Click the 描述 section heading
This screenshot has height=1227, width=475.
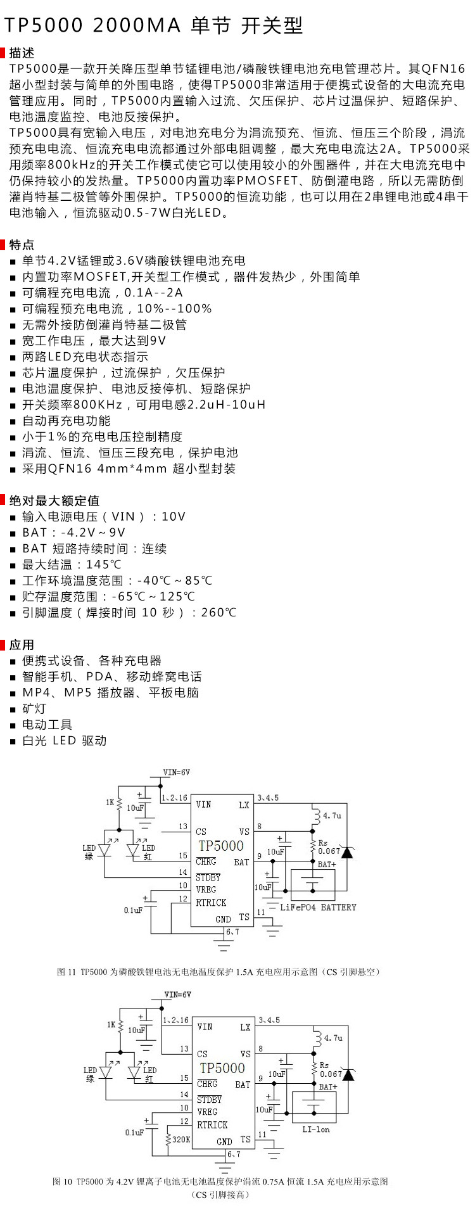pyautogui.click(x=22, y=53)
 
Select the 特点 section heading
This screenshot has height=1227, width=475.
pyautogui.click(x=22, y=245)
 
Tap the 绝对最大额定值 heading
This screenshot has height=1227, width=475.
pyautogui.click(x=54, y=500)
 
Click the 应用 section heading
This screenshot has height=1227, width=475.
pyautogui.click(x=22, y=645)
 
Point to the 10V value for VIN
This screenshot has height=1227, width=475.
pyautogui.click(x=174, y=517)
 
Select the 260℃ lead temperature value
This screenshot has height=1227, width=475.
pyautogui.click(x=218, y=613)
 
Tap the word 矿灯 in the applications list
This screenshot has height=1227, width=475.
pyautogui.click(x=34, y=709)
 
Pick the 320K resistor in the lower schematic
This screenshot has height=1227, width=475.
pyautogui.click(x=181, y=1139)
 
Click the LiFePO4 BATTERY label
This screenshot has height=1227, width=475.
pyautogui.click(x=319, y=907)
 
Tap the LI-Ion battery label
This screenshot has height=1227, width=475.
pyautogui.click(x=316, y=1129)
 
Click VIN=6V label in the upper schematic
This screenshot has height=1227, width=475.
pyautogui.click(x=177, y=772)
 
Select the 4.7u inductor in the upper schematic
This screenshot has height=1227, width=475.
pyautogui.click(x=332, y=815)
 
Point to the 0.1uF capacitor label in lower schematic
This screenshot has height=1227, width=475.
pyautogui.click(x=134, y=1132)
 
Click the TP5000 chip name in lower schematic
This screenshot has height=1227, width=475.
pyautogui.click(x=221, y=1068)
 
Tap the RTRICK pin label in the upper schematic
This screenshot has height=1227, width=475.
pyautogui.click(x=211, y=903)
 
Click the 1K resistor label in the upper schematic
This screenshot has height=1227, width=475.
pyautogui.click(x=110, y=803)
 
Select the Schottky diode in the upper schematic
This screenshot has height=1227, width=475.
pyautogui.click(x=346, y=852)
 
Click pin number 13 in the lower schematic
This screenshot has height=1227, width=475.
pyautogui.click(x=184, y=1048)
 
